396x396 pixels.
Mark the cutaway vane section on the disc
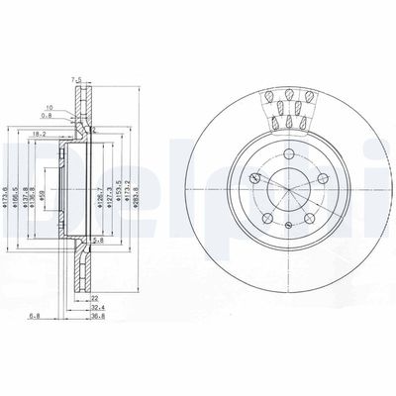tap(287, 109)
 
